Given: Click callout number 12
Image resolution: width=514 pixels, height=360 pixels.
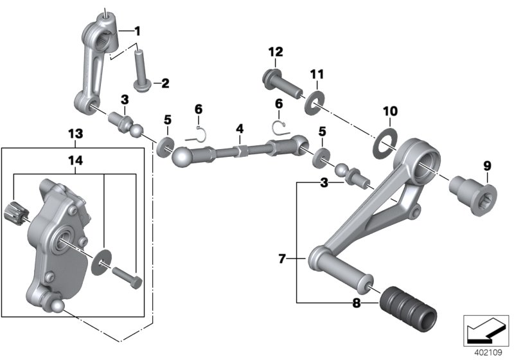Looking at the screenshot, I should (x=275, y=52).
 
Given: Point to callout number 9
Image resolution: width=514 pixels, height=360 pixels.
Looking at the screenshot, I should (x=486, y=166).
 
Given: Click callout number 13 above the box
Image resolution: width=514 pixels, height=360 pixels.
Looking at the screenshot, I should (x=75, y=134).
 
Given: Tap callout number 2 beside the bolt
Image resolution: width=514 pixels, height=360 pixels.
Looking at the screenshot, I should (x=164, y=83).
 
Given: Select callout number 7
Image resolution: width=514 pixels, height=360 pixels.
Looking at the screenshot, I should (x=282, y=259).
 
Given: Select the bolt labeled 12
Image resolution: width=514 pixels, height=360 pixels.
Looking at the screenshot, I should (x=281, y=82).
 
